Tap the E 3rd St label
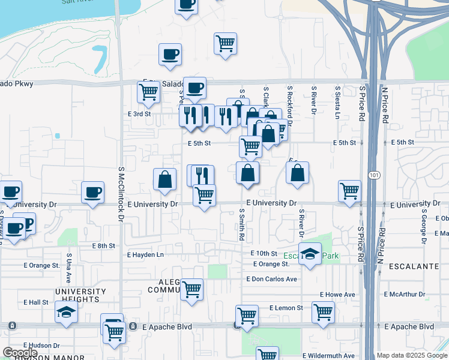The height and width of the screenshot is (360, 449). [x=139, y=113]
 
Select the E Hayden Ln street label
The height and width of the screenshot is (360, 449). [x=145, y=254]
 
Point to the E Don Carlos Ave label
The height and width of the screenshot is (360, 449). [x=271, y=279]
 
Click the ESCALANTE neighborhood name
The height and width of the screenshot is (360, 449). [x=411, y=265]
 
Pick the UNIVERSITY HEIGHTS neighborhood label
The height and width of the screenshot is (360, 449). [x=80, y=295]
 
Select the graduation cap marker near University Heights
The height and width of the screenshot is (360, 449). [x=66, y=311]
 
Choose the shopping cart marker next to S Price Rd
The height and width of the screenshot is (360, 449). [x=349, y=190]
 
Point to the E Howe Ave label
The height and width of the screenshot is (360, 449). [x=337, y=295]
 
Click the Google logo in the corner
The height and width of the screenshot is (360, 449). [x=20, y=353]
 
